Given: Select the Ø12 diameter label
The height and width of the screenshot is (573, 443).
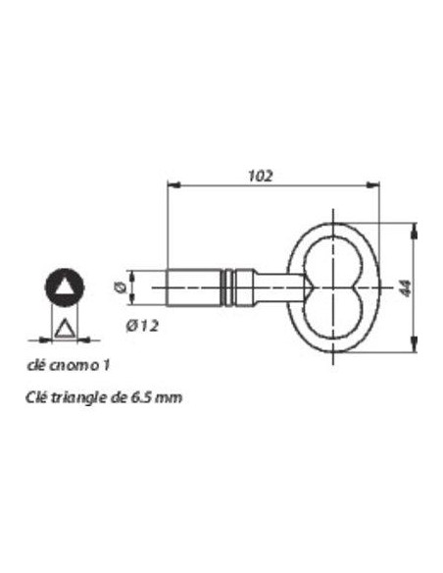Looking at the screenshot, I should coord(143,326).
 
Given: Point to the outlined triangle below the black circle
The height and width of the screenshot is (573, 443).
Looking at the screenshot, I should coord(65,328).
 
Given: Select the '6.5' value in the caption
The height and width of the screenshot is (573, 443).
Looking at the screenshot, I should coord(139,397).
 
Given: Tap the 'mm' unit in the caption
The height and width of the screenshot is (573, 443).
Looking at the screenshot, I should coord(168,397).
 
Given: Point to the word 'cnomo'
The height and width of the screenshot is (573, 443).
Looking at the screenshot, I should coord(78,365).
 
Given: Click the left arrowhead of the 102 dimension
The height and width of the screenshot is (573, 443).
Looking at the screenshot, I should coord(174,185).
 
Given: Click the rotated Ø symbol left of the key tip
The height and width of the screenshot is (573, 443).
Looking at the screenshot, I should coord(119,286).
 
